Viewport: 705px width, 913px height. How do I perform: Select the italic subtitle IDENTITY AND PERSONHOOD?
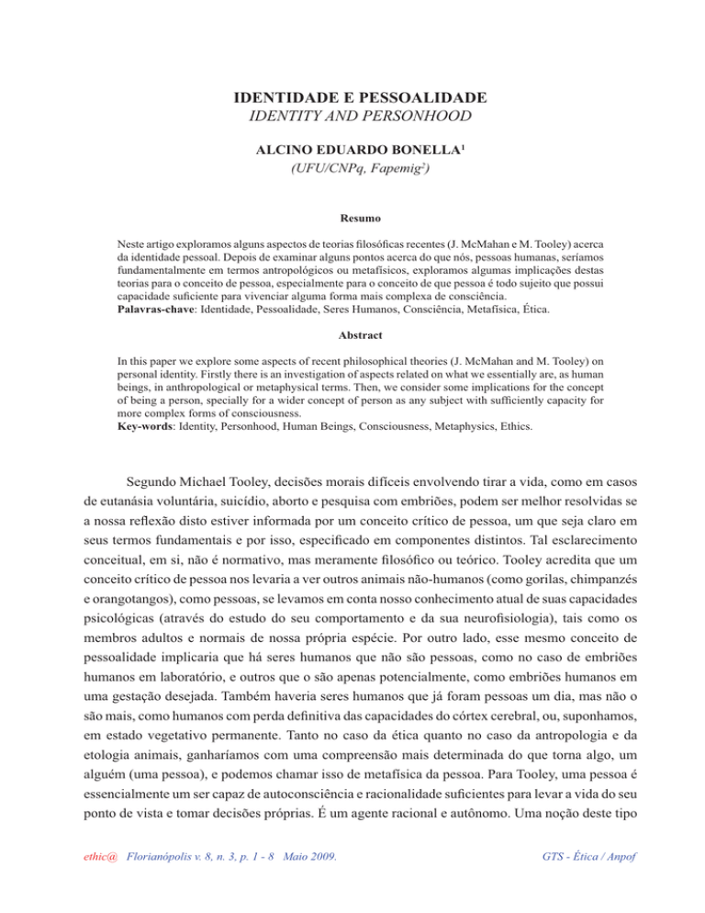352,117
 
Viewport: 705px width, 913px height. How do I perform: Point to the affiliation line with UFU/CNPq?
352,167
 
